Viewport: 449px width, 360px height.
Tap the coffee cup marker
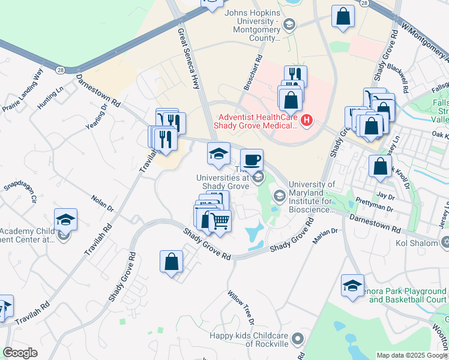252,160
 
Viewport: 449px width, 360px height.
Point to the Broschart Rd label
253,73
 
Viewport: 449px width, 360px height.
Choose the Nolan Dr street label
103,203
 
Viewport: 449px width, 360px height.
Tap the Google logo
20,353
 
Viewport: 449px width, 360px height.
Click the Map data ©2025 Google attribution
411,355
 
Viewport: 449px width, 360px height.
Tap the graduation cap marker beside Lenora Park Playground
352,286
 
